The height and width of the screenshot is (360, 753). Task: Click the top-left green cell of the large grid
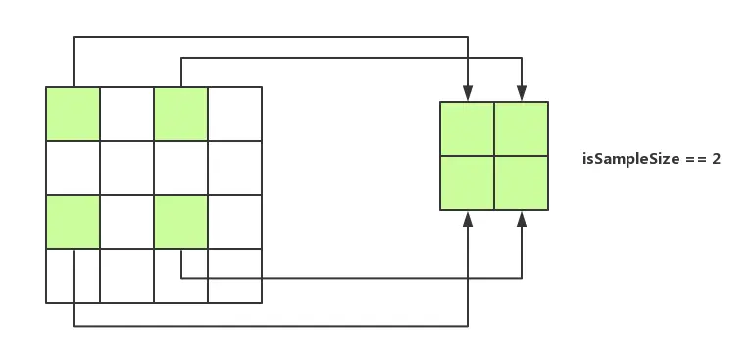coord(73,114)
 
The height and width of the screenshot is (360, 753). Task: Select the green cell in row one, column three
coord(180,114)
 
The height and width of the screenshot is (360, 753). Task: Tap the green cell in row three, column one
coord(73,222)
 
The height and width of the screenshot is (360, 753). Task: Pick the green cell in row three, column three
coord(180,222)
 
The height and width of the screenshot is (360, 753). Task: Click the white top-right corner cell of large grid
coord(234,114)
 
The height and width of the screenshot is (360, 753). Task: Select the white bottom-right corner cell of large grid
coord(234,276)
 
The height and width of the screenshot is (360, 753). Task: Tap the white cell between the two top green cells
coord(126,114)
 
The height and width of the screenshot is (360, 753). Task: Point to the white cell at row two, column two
coord(126,168)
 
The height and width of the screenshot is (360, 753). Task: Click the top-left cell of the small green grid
coord(468,129)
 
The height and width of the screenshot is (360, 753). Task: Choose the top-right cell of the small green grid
coord(521,129)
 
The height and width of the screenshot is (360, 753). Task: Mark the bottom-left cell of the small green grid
coord(468,182)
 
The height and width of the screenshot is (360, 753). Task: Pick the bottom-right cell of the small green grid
coord(521,182)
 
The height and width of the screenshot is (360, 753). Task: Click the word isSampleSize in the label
coord(625,158)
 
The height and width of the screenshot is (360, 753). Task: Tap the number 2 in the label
coord(717,158)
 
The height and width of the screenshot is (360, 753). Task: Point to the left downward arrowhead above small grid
coord(468,95)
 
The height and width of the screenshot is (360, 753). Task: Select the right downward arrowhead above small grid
coord(521,95)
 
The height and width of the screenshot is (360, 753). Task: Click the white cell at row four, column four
coord(234,276)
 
